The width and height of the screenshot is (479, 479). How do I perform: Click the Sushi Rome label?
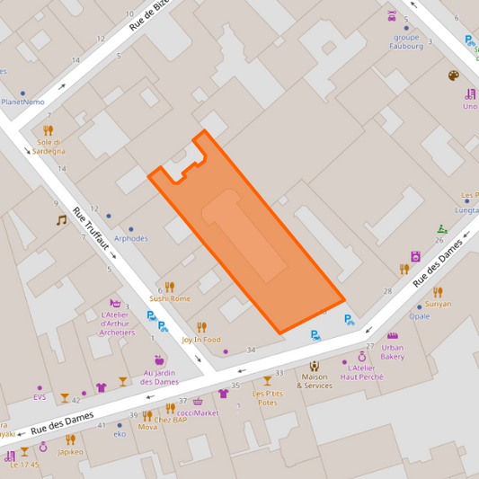click(170, 298)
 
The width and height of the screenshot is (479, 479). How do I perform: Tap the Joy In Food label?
click(200, 340)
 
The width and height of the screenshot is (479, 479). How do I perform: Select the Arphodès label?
click(131, 238)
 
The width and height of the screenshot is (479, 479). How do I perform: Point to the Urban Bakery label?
click(392, 351)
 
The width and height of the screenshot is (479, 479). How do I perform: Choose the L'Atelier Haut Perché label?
click(361, 372)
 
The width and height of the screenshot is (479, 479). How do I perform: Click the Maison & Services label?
click(315, 381)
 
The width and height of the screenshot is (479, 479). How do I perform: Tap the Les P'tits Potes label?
click(267, 398)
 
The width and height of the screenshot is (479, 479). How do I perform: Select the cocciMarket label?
click(198, 412)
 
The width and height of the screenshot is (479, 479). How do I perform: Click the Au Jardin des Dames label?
click(160, 377)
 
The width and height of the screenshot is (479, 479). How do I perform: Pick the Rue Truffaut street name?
click(91, 230)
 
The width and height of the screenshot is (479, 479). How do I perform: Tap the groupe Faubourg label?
click(406, 41)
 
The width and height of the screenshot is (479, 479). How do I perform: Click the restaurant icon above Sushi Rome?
click(169, 287)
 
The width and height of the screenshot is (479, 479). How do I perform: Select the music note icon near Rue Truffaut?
click(61, 220)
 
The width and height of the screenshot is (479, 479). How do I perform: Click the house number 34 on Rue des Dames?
click(251, 350)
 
